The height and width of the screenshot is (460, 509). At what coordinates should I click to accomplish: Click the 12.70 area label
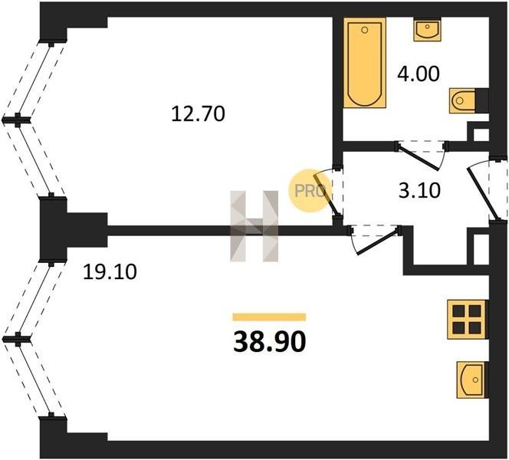[x=198, y=114]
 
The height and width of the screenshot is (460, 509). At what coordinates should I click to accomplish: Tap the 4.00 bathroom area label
[x=419, y=74]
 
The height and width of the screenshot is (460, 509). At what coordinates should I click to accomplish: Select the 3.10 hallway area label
[x=419, y=190]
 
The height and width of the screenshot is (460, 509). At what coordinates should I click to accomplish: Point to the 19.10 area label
[x=110, y=271]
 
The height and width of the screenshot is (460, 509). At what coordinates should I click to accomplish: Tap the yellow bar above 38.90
[x=269, y=317]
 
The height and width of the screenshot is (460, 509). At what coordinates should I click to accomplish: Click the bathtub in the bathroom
[x=365, y=63]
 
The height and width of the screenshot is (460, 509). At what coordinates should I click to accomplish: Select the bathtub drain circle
[x=365, y=30]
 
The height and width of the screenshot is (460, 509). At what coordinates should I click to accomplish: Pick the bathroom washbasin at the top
[x=427, y=29]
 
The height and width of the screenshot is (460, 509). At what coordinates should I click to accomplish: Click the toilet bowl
[x=462, y=100]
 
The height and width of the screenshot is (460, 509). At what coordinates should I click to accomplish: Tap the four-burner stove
[x=467, y=320]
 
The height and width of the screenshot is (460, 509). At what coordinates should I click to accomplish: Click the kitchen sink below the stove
[x=472, y=379]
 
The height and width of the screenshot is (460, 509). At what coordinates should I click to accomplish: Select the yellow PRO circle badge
[x=309, y=191]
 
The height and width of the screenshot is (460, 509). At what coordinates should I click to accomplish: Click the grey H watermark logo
[x=254, y=226]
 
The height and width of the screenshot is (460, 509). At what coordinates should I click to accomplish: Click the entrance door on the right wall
[x=488, y=189]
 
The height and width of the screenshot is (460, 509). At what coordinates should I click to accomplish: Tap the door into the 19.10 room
[x=375, y=239]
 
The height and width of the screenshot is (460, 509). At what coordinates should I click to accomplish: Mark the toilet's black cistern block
[x=482, y=100]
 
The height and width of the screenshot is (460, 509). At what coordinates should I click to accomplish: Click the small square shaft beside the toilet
[x=481, y=134]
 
